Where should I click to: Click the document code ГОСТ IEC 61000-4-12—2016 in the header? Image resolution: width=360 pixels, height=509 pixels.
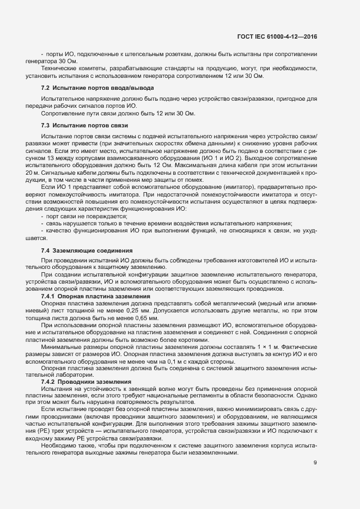(x=277, y=36)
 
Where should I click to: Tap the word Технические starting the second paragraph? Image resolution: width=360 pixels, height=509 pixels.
(x=59, y=69)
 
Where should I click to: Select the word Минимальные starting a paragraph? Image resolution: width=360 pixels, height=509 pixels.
(x=61, y=347)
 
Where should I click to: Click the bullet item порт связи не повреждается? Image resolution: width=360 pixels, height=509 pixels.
(x=81, y=216)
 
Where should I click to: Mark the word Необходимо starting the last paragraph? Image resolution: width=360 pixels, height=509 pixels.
(x=57, y=446)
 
